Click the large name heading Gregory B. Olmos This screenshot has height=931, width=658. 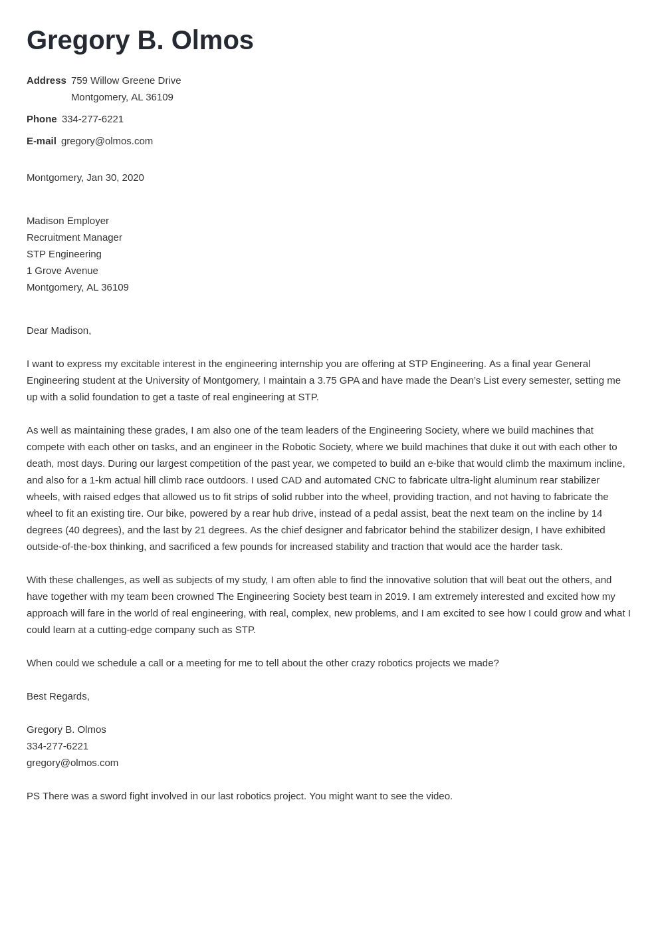(140, 41)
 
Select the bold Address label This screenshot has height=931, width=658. (47, 80)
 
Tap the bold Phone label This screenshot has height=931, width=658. (41, 119)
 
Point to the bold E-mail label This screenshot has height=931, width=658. (41, 141)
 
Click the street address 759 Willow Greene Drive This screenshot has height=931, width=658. (126, 80)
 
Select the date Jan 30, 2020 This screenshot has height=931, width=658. (115, 178)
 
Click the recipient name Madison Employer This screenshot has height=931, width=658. (68, 221)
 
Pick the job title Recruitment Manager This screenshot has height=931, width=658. (74, 237)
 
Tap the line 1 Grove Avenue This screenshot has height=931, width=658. (62, 271)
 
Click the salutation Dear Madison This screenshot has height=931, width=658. (58, 331)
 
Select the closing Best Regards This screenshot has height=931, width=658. (58, 696)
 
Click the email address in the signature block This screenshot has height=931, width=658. (72, 763)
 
